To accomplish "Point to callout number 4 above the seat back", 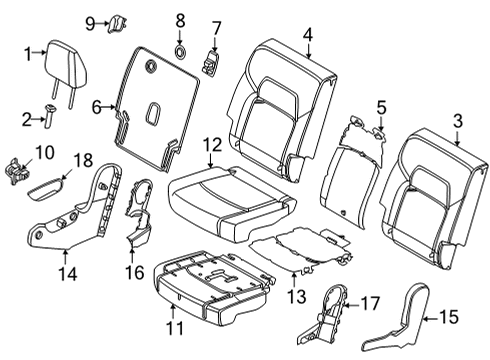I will click(309, 35).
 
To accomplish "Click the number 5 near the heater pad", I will click(380, 105).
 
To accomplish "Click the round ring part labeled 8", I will click(181, 50).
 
